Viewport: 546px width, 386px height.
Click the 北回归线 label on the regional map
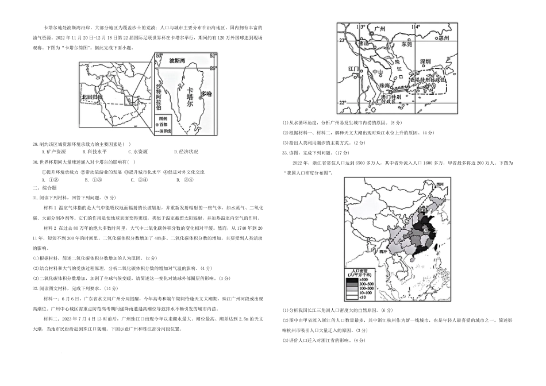91,97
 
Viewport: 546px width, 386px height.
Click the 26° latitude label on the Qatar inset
213,68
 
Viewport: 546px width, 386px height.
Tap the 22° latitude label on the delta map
341,103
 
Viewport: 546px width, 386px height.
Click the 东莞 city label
407,44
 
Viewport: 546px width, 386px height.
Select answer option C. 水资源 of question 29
136,152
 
